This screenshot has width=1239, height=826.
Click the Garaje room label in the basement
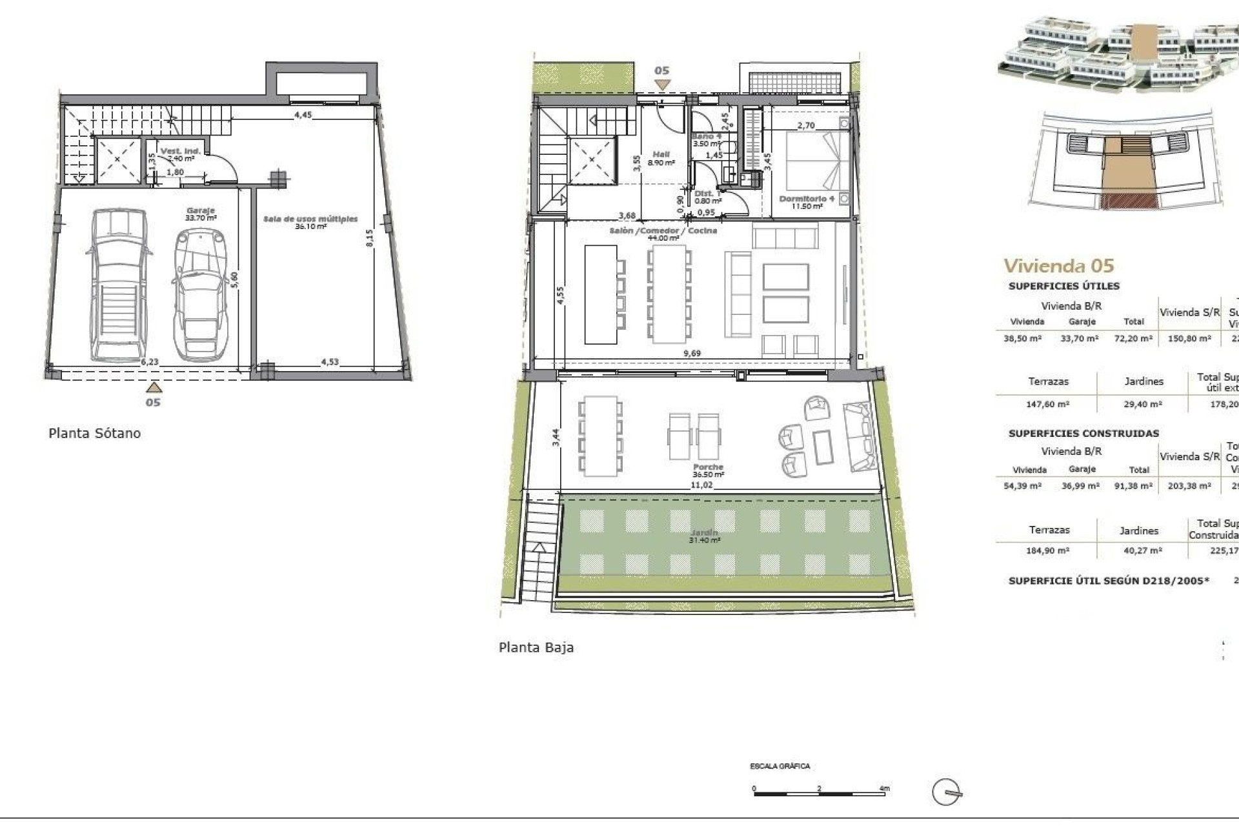[200, 211]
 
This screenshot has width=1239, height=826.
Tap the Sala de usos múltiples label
[310, 219]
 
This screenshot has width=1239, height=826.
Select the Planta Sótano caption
[94, 433]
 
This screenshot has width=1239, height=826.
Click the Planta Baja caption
[536, 647]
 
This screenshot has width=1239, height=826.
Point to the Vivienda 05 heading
[1058, 265]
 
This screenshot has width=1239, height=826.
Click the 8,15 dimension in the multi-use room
[369, 239]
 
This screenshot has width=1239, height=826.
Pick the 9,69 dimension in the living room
[692, 353]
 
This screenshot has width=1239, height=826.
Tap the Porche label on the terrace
[708, 467]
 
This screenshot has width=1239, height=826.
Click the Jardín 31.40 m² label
[703, 536]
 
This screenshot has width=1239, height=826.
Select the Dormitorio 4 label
[807, 199]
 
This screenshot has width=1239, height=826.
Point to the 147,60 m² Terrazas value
[1047, 405]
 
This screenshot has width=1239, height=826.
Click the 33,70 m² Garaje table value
[1079, 338]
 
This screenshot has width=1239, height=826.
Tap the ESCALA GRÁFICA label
[780, 766]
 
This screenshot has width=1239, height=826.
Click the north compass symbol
[947, 792]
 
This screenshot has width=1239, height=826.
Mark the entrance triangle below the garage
[153, 387]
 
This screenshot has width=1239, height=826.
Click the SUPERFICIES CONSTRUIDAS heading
[1083, 434]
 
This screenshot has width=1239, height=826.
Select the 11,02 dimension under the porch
[701, 485]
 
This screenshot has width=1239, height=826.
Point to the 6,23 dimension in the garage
[149, 362]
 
